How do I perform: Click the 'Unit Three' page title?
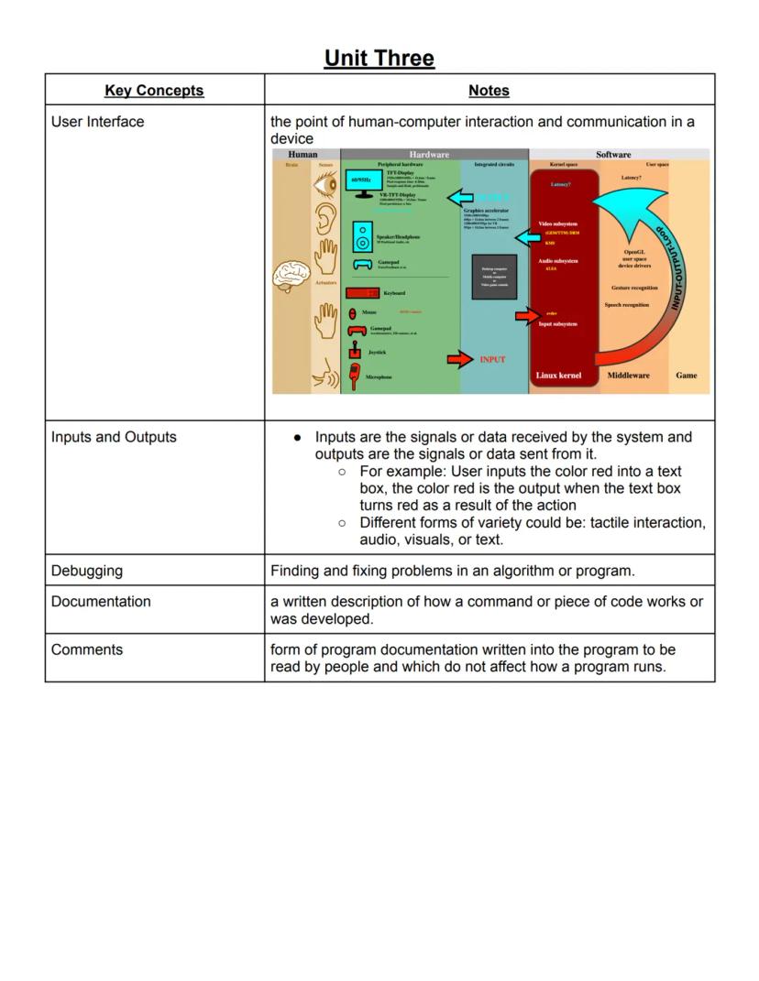click(x=379, y=58)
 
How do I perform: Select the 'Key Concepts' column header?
click(x=154, y=90)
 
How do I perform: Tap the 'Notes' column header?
click(x=489, y=90)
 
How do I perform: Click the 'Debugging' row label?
click(x=87, y=571)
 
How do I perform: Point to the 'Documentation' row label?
click(x=101, y=602)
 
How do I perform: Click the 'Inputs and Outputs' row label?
click(x=114, y=437)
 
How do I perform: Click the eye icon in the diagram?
click(x=325, y=185)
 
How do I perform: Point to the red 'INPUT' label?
click(x=492, y=360)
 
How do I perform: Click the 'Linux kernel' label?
click(x=558, y=376)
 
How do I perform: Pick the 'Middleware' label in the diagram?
click(x=628, y=376)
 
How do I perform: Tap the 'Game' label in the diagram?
click(x=686, y=376)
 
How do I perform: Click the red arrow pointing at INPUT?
click(x=459, y=359)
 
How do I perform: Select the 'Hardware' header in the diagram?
click(x=429, y=155)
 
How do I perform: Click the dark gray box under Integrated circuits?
click(x=494, y=277)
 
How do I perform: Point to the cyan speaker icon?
click(x=362, y=238)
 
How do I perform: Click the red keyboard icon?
click(x=362, y=293)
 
